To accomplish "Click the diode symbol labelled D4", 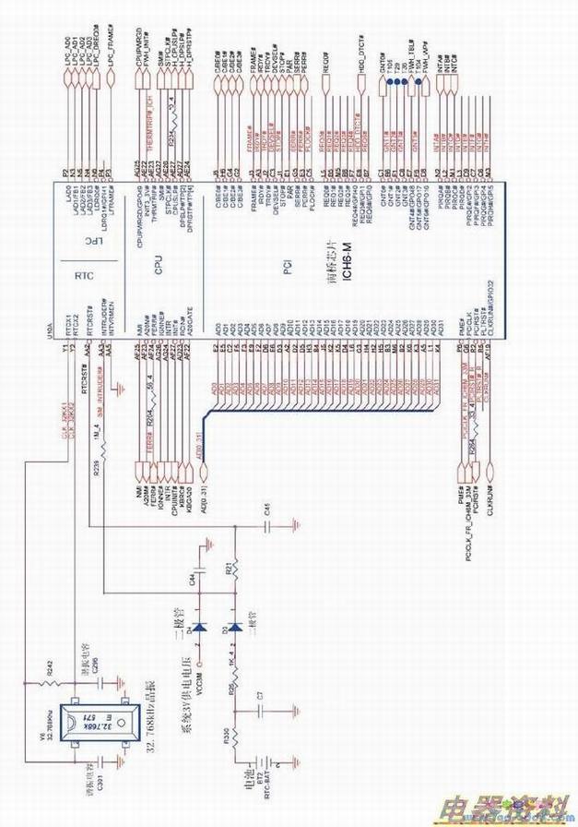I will [x=199, y=628].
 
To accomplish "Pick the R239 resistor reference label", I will [x=96, y=466].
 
